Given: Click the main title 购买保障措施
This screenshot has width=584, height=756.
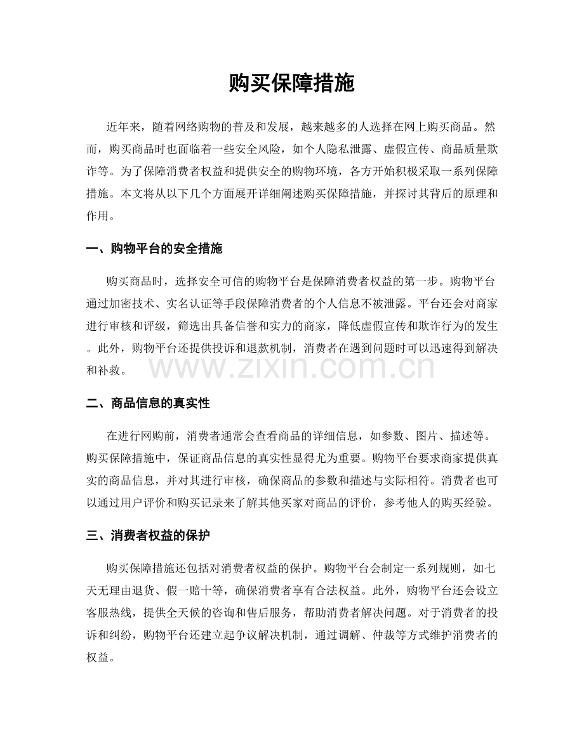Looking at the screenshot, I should [291, 84].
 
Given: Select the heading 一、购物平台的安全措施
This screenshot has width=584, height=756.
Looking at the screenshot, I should [154, 249].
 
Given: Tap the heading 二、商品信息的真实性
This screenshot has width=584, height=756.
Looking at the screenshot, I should [148, 404].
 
